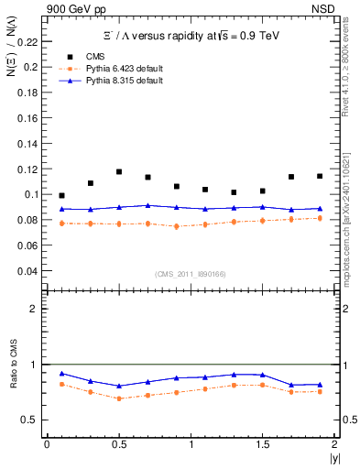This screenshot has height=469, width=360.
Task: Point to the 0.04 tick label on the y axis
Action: [x=30, y=271]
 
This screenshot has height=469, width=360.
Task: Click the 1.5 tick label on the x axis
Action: [x=263, y=444]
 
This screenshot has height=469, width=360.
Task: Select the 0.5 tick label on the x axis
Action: [x=118, y=444]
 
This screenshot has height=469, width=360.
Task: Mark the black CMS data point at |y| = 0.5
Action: [x=119, y=171]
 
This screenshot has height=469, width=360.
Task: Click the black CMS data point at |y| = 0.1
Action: [x=61, y=195]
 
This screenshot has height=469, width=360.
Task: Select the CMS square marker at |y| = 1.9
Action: [x=320, y=176]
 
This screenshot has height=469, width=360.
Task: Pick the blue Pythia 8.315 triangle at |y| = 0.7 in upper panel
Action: [x=147, y=205]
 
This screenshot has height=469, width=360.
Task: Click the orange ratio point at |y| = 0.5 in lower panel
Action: [x=119, y=398]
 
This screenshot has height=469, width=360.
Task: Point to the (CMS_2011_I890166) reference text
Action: [x=191, y=273]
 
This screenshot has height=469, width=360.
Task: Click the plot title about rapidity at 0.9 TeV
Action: [x=191, y=36]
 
